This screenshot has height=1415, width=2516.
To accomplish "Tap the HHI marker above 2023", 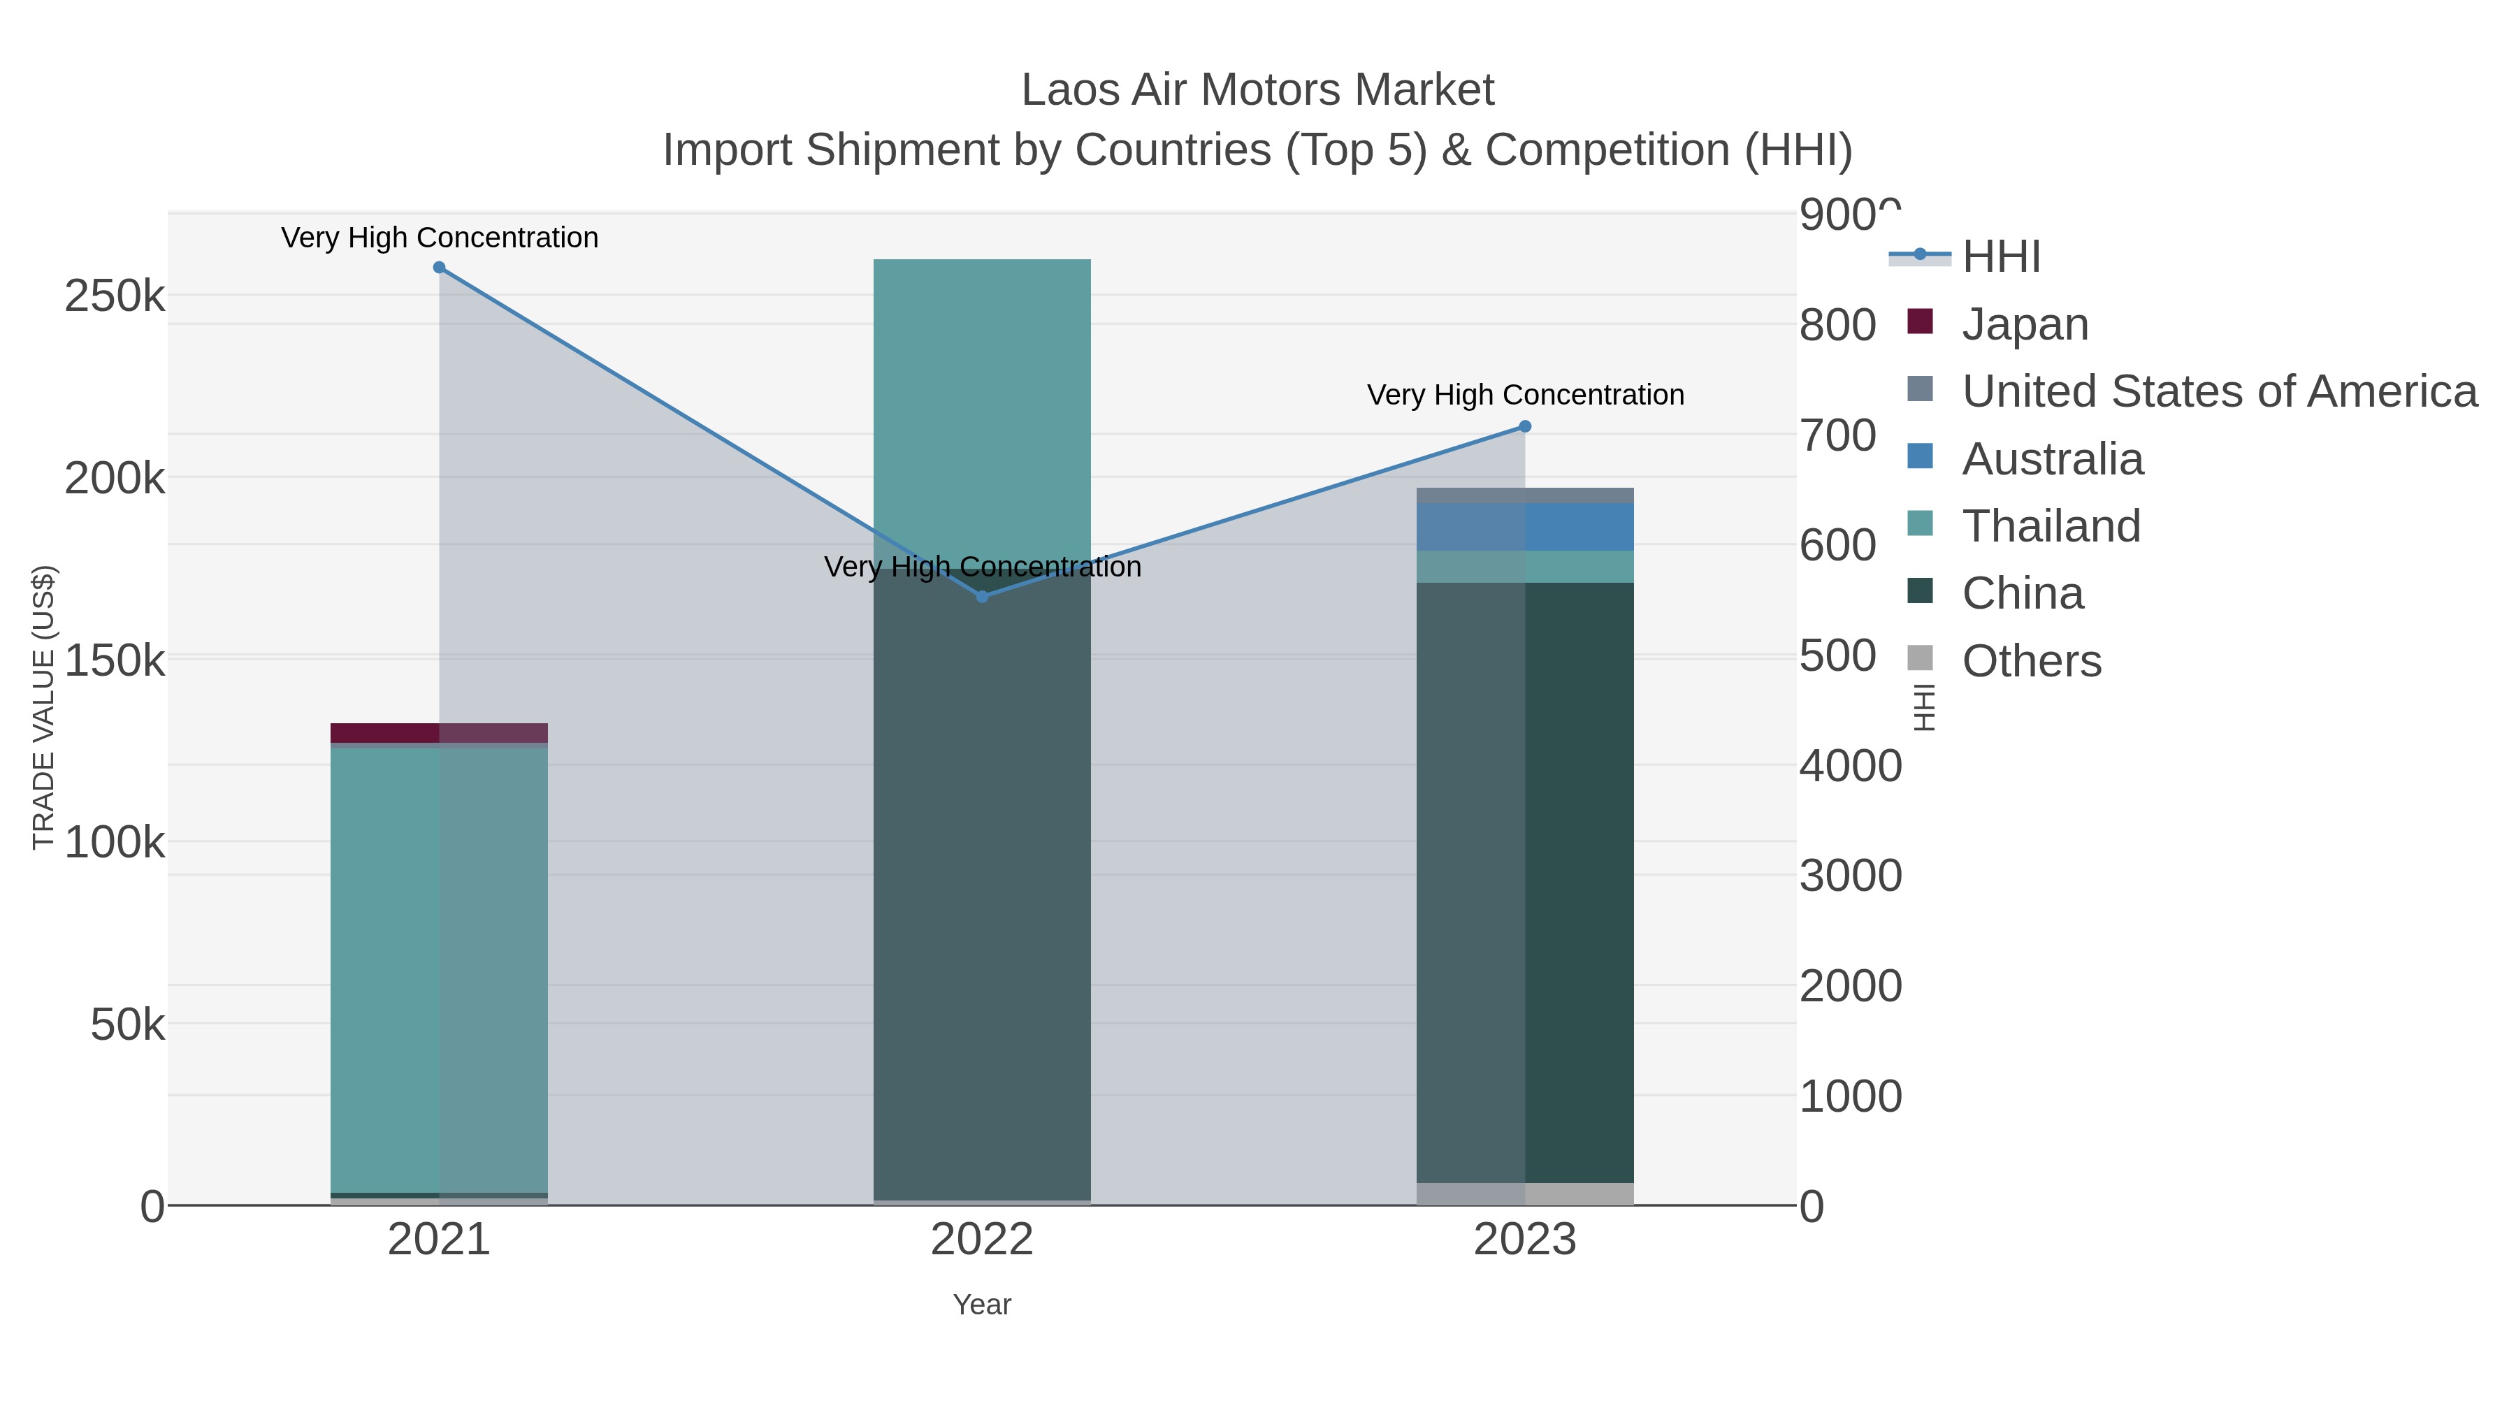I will coord(1525,427).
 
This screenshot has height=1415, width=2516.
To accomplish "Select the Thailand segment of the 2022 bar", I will coord(982,410).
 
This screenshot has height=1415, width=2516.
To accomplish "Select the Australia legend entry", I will coord(2052,459).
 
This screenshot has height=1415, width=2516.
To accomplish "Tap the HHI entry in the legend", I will coord(2000,257).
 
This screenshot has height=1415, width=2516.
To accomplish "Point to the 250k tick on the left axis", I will coord(115,296).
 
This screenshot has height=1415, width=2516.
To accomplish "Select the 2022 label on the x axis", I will coord(982,1241).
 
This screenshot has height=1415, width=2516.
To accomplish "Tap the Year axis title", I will coord(982,1305).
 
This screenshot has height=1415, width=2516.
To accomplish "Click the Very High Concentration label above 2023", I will coord(1525,396).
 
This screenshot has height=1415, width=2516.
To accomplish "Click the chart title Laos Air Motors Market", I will coord(1257,91).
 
